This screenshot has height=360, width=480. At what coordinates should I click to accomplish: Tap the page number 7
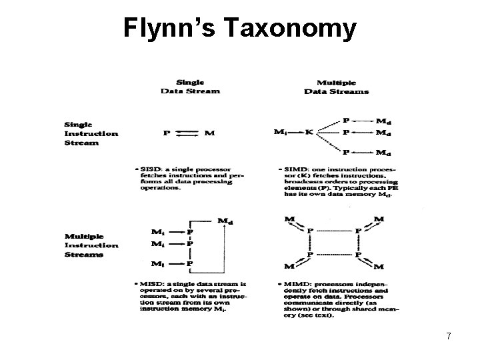coord(449,337)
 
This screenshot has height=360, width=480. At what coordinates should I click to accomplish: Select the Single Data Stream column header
coord(190,87)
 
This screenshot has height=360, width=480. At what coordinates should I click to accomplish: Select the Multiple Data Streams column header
coord(337,87)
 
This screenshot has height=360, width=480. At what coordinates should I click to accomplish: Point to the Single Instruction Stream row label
coord(91,133)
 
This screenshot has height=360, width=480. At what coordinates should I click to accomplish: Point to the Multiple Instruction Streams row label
coord(91,245)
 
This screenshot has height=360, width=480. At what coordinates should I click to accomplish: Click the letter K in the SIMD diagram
coord(309,132)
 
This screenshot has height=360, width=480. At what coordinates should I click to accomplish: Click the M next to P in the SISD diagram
coord(210,133)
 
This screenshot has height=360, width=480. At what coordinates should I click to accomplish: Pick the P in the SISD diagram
coord(167,133)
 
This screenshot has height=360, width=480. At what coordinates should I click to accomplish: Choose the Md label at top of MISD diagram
coord(225,221)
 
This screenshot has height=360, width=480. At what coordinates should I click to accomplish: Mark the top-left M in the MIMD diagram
coord(289,219)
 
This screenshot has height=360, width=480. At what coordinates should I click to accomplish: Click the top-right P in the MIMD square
coord(358,231)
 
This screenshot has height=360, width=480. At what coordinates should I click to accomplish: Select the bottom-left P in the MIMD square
coord(309,255)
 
